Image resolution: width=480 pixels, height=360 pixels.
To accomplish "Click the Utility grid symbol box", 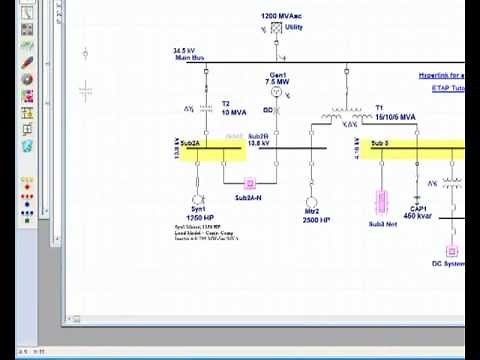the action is tap(266, 30).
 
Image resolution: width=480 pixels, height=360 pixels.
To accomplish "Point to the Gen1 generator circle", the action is tap(279, 90).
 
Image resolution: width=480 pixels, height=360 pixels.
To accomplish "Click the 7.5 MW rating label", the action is tap(278, 82).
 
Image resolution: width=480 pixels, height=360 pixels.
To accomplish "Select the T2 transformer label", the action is tap(225, 104).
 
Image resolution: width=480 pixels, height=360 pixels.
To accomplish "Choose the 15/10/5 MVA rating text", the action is tap(395, 116).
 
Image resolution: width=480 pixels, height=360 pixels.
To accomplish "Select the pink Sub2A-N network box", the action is tap(252, 183).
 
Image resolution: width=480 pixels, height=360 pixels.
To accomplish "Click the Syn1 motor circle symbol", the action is tap(197, 199).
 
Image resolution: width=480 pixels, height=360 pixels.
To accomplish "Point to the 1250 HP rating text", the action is tap(201, 218).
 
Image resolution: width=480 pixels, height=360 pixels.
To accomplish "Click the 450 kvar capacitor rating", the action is tap(416, 216).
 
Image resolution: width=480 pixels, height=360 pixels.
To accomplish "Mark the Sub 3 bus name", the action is tap(379, 143).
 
